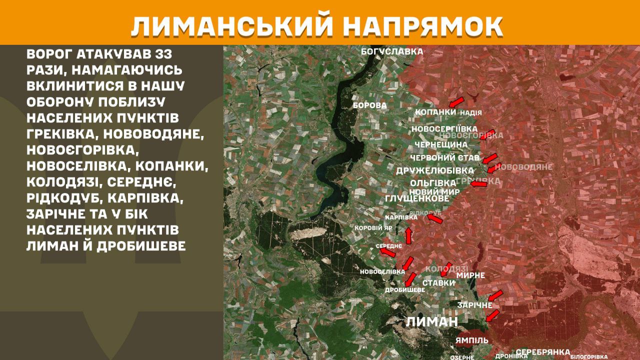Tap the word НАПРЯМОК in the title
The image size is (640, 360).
(x=424, y=26)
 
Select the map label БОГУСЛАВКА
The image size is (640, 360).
(x=392, y=51)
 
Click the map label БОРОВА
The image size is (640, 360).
(x=369, y=105)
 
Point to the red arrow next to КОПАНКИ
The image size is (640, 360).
(x=455, y=102)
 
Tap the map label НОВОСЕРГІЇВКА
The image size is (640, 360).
(x=444, y=129)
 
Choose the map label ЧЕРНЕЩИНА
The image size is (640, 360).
(x=441, y=144)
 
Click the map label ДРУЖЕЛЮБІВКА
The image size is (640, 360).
(x=435, y=170)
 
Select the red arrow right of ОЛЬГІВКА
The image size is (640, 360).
(x=478, y=184)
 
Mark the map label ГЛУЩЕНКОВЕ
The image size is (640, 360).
(x=417, y=198)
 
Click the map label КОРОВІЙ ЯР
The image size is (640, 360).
(x=373, y=228)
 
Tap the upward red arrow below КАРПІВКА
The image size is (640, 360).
(x=408, y=235)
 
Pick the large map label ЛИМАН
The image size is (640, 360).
(x=431, y=321)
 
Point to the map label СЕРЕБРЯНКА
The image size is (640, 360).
(x=542, y=352)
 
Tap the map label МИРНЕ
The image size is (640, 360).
(x=470, y=275)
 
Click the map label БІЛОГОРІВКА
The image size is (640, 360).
(x=589, y=356)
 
